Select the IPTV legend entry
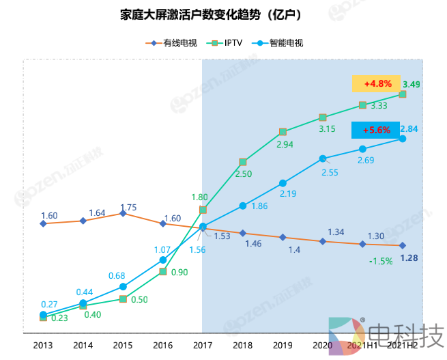tap(231, 43)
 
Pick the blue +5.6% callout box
tap(376, 130)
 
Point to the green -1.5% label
tap(380, 261)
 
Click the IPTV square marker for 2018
tap(243, 162)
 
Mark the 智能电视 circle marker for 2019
tap(283, 183)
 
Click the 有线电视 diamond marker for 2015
tap(123, 213)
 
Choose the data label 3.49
tap(412, 85)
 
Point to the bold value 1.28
tap(409, 258)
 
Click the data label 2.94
tap(285, 145)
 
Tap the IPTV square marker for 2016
tap(163, 272)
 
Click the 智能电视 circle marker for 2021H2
tap(403, 139)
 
